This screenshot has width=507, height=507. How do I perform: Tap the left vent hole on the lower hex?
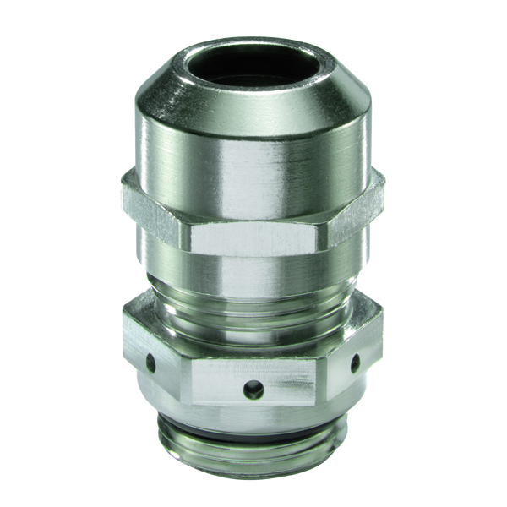[150, 364]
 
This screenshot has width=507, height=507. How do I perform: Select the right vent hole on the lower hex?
[355, 363]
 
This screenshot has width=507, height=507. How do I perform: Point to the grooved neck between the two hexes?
[253, 283]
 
